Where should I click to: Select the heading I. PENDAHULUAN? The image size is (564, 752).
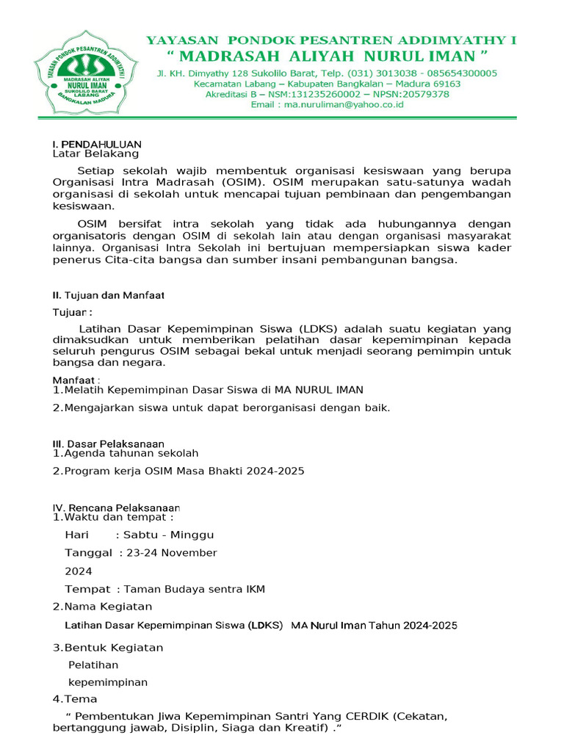click(97, 144)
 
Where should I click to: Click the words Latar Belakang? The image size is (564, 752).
click(95, 154)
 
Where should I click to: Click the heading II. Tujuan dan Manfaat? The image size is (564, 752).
click(108, 295)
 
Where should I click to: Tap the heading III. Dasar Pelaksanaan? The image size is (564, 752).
click(108, 444)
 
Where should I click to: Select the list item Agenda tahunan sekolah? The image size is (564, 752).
click(131, 454)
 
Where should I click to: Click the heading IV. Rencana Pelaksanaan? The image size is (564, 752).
click(116, 507)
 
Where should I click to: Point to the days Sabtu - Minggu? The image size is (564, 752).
click(169, 535)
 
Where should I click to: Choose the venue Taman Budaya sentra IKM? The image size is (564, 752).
click(195, 589)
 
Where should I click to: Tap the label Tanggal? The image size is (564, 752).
click(88, 553)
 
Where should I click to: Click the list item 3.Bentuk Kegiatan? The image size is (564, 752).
click(108, 648)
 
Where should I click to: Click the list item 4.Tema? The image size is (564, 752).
click(75, 699)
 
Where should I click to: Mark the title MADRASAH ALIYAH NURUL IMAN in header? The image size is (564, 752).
click(327, 57)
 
